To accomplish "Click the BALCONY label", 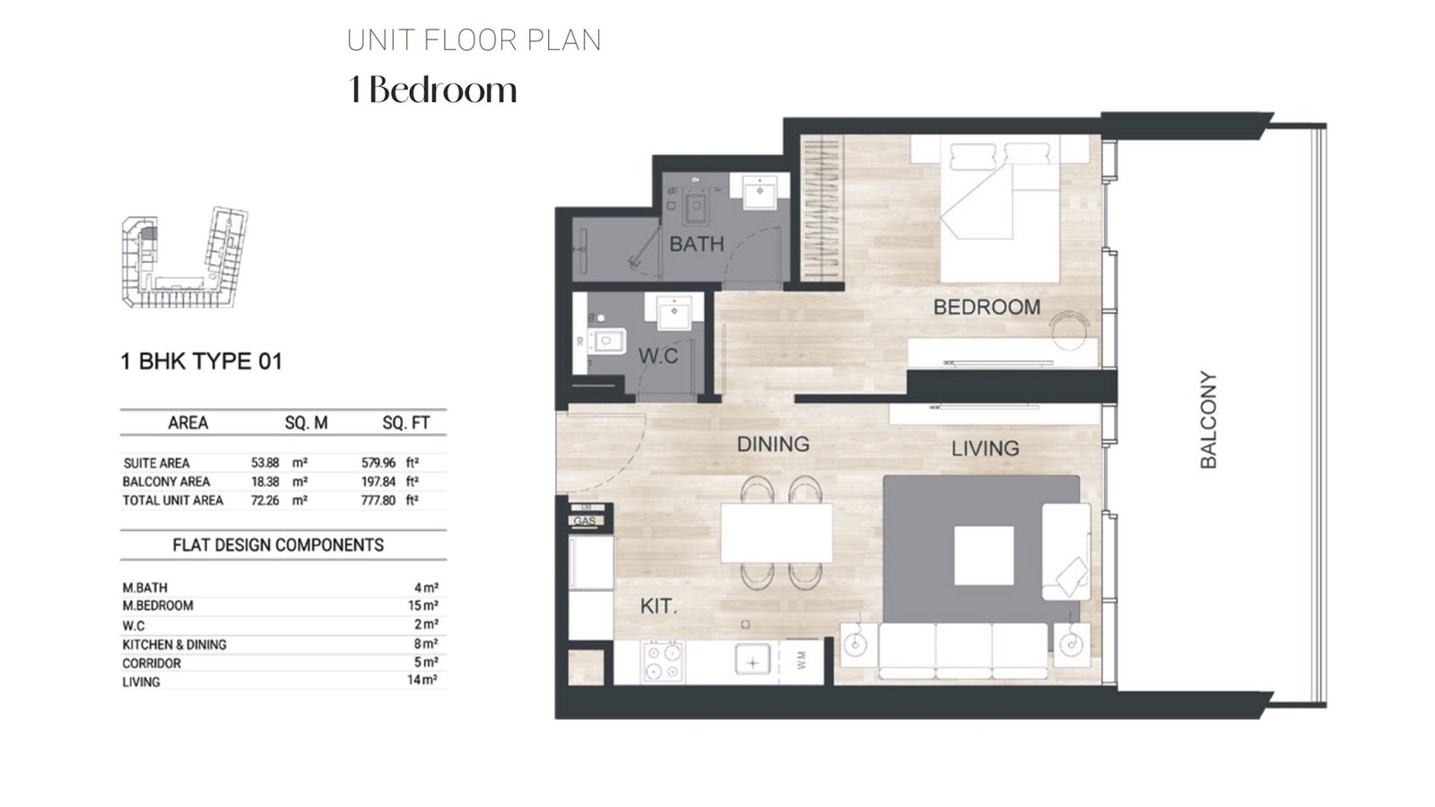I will pos(1208,420).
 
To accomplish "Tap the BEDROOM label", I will pos(987,307).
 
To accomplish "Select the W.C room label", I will pos(657,356).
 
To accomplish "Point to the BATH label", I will pos(696,244).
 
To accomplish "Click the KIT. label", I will pos(658,607).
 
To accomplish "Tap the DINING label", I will pos(772,444).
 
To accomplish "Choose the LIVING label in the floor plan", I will pos(985,447).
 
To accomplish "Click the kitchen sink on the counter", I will pos(752,662).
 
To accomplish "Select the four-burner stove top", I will pos(664,663).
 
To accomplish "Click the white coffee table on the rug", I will pos(984,556).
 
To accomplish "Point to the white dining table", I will pos(777,533).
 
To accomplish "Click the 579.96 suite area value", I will pos(378,464).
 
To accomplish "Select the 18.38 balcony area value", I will pos(265,482).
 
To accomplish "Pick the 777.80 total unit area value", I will pos(378,500).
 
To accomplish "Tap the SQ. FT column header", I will pos(405,423).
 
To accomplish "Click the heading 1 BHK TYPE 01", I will pos(201,361).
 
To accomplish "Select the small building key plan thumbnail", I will pos(184,258).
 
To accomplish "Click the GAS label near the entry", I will pos(585,521).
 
